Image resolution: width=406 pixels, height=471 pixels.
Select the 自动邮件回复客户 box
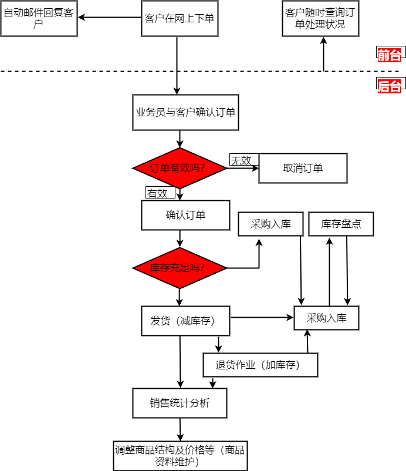pos(39,18)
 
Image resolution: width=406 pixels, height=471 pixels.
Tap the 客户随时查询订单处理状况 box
pos(320,18)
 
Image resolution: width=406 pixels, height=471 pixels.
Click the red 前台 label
pos(390,55)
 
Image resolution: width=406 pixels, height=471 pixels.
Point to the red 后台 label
pos(390,86)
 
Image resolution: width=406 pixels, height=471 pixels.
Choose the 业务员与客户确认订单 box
pos(185,112)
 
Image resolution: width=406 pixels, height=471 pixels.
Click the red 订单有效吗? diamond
pos(180,169)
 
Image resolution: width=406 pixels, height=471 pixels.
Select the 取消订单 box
pos(303,168)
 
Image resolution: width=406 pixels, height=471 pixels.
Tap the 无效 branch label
pos(241,160)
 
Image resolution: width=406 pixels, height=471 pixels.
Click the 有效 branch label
pos(157,193)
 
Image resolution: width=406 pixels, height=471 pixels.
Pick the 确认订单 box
pos(185,215)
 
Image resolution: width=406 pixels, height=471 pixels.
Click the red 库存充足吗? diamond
pos(180,268)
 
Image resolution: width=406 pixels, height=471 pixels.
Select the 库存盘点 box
pos(341,224)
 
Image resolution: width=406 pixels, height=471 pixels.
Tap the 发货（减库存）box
pos(185,321)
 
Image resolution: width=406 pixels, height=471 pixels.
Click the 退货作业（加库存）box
pos(260,365)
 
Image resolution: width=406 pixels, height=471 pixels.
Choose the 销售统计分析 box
pos(180,403)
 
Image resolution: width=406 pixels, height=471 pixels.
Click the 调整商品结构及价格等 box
pos(180,456)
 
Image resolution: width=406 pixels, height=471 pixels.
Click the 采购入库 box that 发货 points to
pos(326,318)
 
